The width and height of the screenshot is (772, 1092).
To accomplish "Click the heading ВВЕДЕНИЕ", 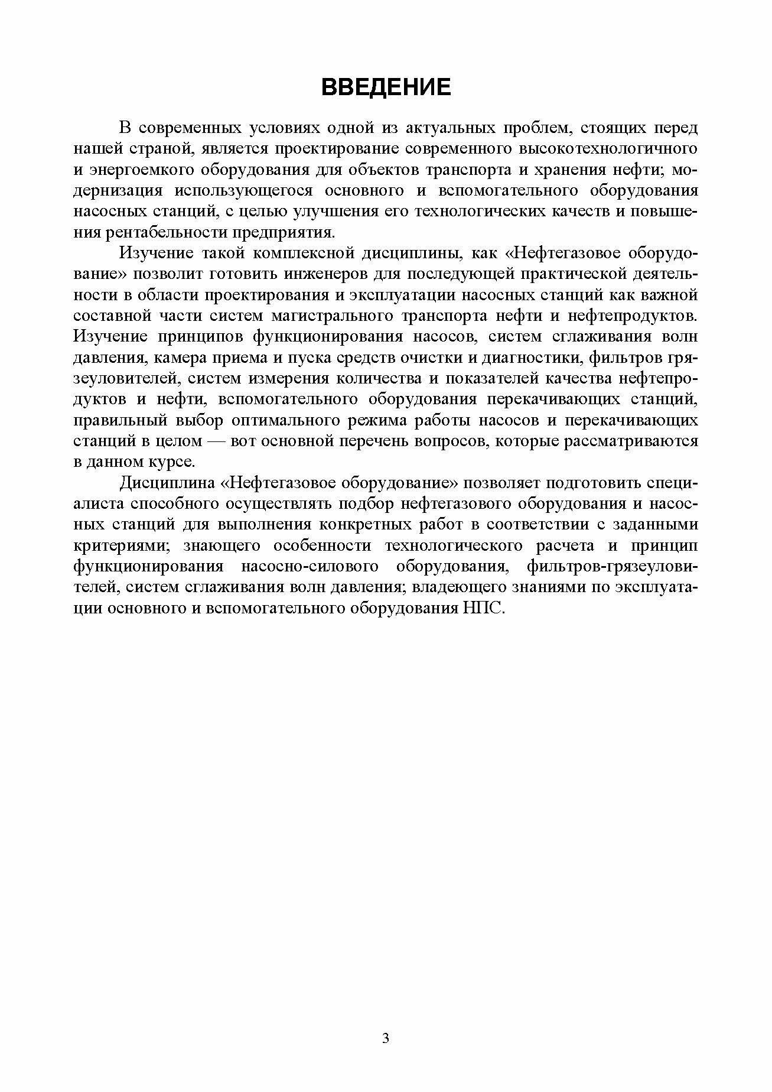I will click(x=386, y=87).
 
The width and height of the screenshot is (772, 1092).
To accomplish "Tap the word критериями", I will click(x=119, y=546).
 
